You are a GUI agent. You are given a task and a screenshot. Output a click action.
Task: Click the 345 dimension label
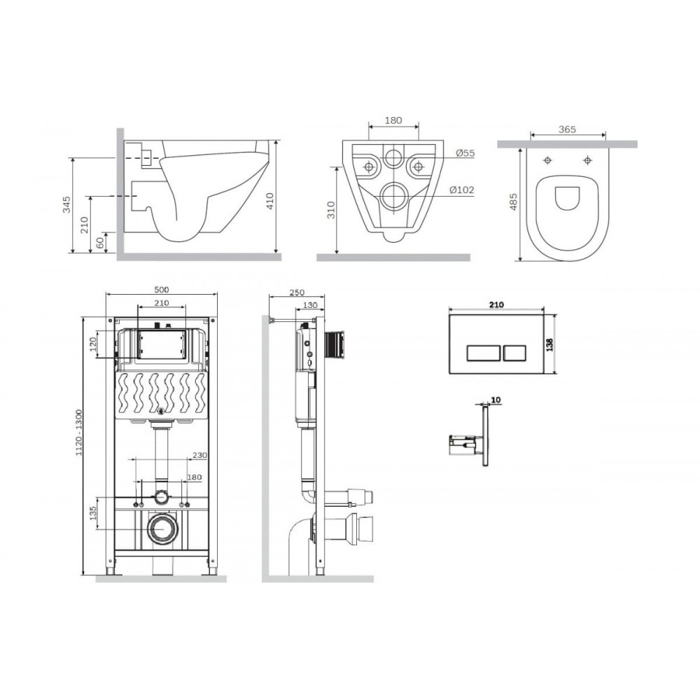(66, 204)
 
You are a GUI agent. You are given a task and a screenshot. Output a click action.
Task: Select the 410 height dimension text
(269, 201)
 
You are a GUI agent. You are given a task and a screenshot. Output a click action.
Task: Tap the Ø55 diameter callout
(465, 153)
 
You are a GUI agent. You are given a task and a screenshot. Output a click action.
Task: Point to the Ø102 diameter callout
(461, 190)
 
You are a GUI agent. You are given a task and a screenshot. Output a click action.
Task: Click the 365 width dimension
(567, 129)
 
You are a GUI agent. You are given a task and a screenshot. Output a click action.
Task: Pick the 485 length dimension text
(513, 202)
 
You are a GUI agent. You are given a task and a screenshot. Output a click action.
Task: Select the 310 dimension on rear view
(331, 210)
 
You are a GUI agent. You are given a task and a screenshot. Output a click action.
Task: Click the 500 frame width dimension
(161, 290)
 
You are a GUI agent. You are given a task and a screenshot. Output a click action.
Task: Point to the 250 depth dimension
(296, 293)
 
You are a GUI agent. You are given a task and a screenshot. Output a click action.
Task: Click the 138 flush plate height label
(549, 344)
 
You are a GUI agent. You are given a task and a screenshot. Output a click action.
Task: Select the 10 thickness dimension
(496, 400)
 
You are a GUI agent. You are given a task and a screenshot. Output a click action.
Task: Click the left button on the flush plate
(484, 353)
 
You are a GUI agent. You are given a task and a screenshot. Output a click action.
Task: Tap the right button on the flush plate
(515, 353)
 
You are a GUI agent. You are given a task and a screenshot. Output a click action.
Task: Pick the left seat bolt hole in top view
(547, 160)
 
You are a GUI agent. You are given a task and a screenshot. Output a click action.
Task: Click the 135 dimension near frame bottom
(93, 513)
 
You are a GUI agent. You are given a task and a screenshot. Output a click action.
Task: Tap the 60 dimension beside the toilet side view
(100, 242)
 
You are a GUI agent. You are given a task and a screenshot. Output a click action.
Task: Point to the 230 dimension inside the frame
(199, 455)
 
